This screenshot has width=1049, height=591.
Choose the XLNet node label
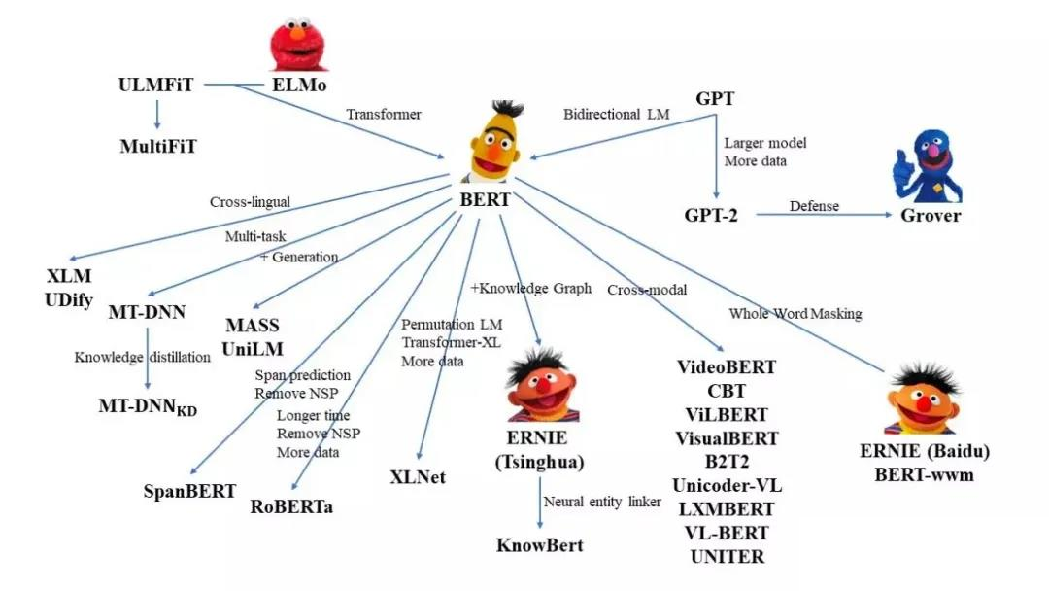[418, 477]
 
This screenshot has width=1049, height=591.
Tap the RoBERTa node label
[291, 506]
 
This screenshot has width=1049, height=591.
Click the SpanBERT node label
[188, 490]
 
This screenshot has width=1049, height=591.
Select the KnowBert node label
[539, 544]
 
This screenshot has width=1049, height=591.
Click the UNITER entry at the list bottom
[727, 556]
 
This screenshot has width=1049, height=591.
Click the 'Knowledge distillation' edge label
[143, 357]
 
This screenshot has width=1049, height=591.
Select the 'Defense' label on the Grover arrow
[814, 206]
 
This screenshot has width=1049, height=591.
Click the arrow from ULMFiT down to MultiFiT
[157, 117]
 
